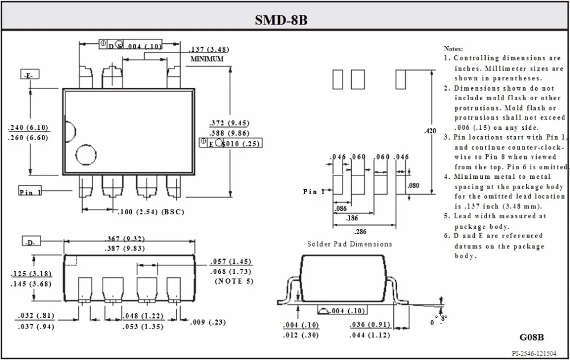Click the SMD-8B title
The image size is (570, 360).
coord(281,19)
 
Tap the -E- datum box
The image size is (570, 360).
coord(30,75)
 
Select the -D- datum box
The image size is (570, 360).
coord(31,241)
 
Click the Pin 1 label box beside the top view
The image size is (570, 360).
coord(30,191)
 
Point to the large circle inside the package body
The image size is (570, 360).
coord(86,154)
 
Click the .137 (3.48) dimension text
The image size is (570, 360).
coord(209,50)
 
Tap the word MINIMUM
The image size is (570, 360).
coord(207,59)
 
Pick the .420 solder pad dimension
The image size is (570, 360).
coord(430,131)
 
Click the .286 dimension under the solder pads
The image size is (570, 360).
coord(360,231)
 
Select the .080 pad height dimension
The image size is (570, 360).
coord(413,186)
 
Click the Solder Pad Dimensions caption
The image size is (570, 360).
coord(350,244)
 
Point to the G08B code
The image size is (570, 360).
coord(531,337)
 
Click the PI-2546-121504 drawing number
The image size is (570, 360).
coord(534,354)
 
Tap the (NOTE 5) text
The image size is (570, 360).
coord(234,281)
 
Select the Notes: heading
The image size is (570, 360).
coord(453,48)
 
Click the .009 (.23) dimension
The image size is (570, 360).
coord(207,322)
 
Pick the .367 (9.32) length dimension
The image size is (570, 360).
coord(125,239)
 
